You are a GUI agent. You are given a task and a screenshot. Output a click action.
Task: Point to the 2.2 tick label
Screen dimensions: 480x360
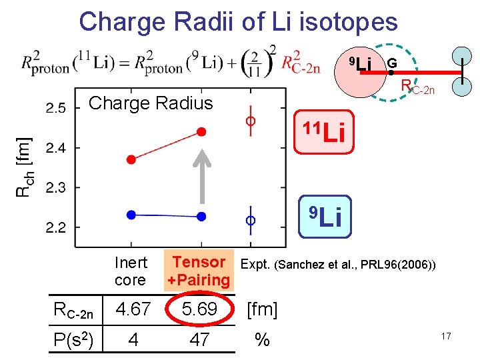[57, 228]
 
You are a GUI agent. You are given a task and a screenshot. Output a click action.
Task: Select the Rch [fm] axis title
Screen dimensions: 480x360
[24, 166]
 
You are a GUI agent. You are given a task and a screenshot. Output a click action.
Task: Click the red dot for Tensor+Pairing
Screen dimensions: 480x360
[201, 131]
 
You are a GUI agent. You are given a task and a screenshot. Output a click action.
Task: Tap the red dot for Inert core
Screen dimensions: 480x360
[131, 159]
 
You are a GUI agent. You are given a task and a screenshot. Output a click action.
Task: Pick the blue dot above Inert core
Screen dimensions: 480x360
[131, 214]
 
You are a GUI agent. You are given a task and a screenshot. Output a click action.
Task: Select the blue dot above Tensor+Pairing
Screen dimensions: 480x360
[201, 216]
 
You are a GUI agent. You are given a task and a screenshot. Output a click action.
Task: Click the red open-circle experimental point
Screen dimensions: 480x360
[251, 121]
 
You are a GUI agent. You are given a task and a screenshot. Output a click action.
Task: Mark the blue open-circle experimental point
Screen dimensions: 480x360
[251, 219]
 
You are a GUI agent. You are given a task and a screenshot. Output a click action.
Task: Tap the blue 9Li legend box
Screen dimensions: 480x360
[324, 217]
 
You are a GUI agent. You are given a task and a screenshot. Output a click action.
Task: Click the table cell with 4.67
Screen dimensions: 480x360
[134, 309]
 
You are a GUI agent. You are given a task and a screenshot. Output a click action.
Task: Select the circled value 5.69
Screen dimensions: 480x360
[199, 309]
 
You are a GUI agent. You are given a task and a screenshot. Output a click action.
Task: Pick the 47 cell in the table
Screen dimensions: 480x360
[199, 340]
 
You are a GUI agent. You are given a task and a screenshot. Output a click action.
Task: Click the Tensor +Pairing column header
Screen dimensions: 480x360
[199, 271]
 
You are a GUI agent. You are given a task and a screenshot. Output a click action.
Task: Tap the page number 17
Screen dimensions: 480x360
[446, 337]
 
